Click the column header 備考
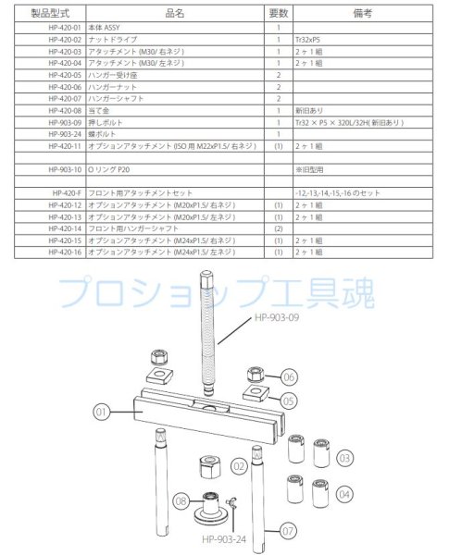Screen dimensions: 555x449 [x=338, y=14]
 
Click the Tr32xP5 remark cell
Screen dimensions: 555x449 [x=310, y=40]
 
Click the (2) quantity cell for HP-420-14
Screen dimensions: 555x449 [x=278, y=228]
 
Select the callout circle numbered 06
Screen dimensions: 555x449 [x=289, y=378]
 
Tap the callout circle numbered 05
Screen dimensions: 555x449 [x=289, y=401]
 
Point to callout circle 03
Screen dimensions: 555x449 [x=344, y=457]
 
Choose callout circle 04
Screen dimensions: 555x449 [x=344, y=494]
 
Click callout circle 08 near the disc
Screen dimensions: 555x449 [x=181, y=500]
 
